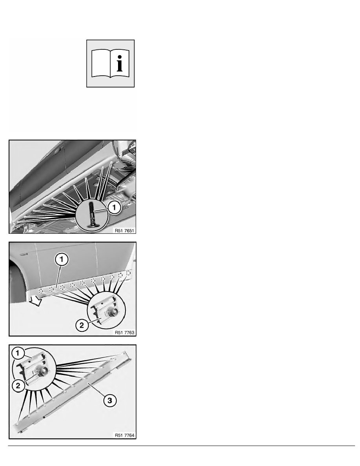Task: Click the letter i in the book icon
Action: coord(119,64)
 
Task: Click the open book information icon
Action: coord(110,64)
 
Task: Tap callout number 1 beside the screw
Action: coord(115,207)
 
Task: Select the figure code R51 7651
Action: coord(124,230)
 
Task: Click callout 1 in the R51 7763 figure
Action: coord(62,259)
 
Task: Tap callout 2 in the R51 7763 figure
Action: coord(82,325)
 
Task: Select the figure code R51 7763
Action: coord(124,333)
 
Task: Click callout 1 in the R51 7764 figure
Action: coord(18,353)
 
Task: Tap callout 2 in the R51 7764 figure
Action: coord(18,386)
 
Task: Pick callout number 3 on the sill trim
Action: coord(109,400)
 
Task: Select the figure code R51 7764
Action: coord(124,435)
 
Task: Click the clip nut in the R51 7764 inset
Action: coord(41,371)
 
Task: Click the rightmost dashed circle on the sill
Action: coord(128,273)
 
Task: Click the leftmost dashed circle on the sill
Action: coord(41,291)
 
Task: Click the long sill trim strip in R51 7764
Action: coord(74,392)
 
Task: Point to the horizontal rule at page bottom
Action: coord(182,446)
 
